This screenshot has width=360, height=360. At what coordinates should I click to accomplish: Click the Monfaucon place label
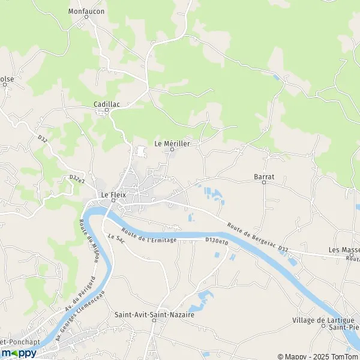[86, 11]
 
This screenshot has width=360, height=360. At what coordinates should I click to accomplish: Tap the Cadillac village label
[107, 104]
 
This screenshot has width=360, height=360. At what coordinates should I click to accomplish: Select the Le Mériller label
[172, 143]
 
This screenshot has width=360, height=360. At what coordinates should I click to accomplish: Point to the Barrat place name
[264, 177]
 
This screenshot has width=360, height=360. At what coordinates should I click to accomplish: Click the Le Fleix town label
[112, 194]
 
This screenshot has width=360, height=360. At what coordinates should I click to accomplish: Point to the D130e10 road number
[217, 241]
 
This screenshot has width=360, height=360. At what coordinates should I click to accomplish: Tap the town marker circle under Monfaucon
[86, 17]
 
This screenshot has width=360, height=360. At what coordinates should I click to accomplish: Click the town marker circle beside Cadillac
[107, 110]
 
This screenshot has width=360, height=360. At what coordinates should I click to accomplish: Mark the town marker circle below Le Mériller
[170, 150]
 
